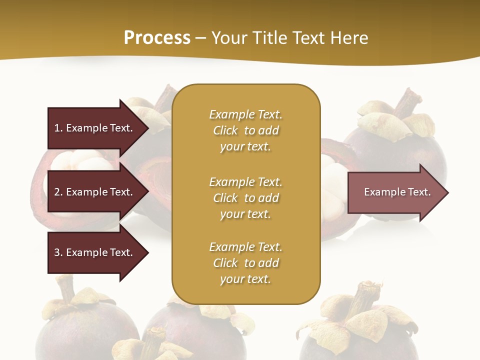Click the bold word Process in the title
click(157, 37)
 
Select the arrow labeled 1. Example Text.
click(95, 128)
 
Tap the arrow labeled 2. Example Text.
click(95, 192)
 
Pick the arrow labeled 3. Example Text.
click(95, 252)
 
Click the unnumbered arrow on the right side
click(395, 192)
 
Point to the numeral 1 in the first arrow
click(57, 128)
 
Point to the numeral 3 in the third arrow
click(57, 252)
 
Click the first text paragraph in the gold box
click(245, 130)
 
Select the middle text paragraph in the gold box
click(245, 197)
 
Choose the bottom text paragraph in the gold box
click(245, 263)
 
